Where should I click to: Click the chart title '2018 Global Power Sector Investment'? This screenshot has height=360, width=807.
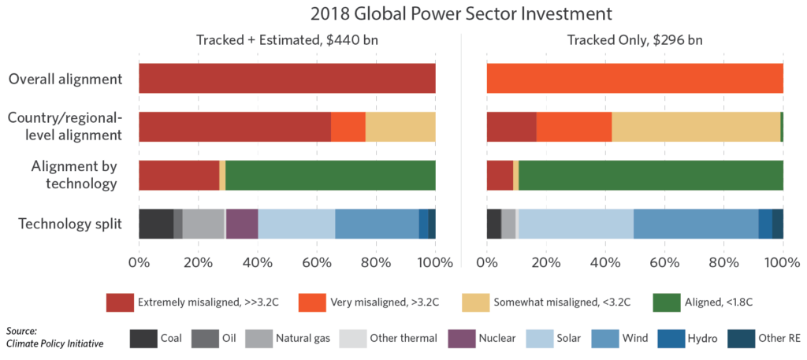(x=403, y=13)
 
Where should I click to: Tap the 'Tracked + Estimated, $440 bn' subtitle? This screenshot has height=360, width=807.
(x=287, y=41)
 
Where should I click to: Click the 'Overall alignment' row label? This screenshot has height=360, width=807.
(x=65, y=79)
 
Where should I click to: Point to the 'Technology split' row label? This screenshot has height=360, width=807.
(x=71, y=224)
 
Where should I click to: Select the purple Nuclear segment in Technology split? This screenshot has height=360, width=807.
(x=242, y=224)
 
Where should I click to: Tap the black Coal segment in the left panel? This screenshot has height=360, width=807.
(x=155, y=224)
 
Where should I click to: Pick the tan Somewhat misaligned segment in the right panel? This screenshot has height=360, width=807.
(x=696, y=127)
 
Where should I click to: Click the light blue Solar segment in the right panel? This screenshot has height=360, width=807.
(x=575, y=224)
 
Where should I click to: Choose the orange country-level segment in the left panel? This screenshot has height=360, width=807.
(x=348, y=127)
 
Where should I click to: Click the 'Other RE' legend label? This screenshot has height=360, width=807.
(x=779, y=339)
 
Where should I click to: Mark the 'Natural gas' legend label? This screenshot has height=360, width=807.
(x=303, y=339)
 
